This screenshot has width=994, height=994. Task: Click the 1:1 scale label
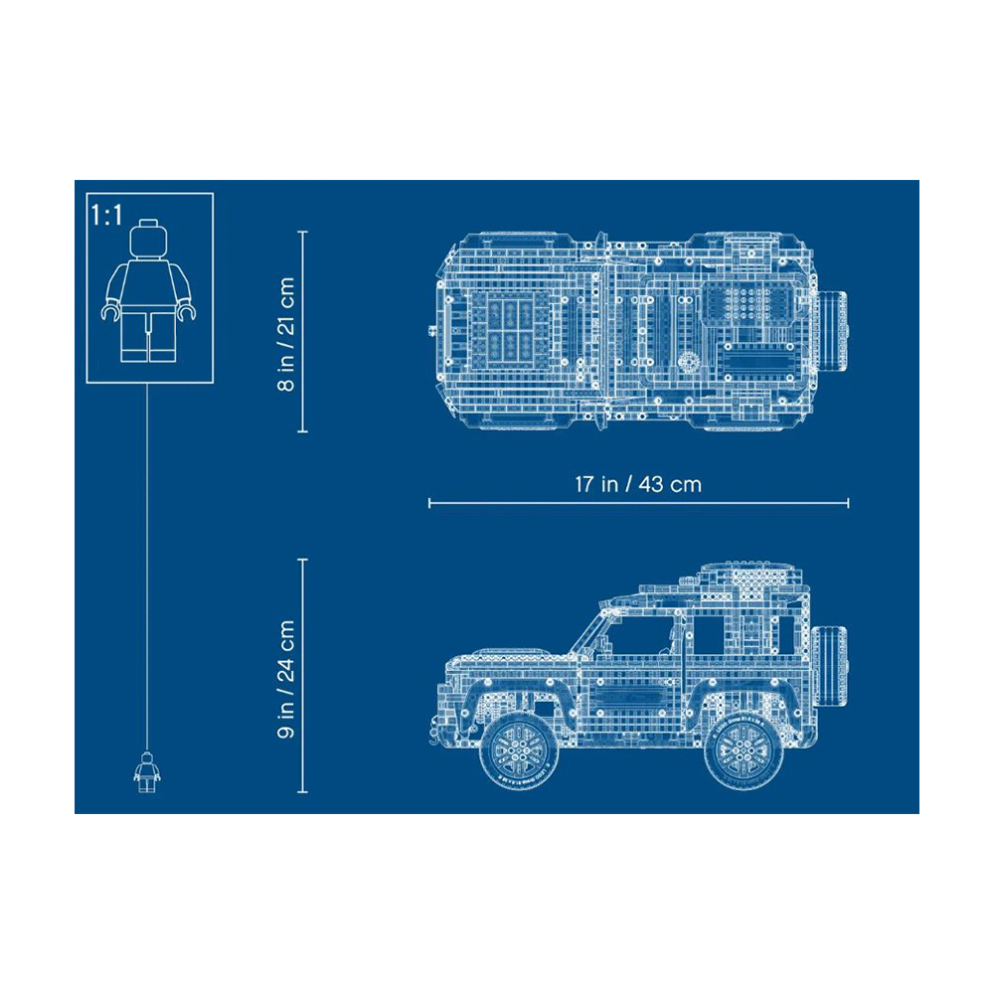click(x=106, y=216)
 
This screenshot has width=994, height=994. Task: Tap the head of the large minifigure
click(x=148, y=240)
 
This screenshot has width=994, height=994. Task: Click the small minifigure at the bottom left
click(x=147, y=771)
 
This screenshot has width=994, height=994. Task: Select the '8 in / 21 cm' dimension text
click(x=286, y=333)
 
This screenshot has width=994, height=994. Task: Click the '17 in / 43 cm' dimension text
click(x=638, y=484)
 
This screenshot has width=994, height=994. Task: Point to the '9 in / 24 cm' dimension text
click(x=286, y=679)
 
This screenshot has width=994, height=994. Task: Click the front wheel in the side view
click(x=520, y=751)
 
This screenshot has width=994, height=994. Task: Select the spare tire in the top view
click(x=832, y=331)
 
